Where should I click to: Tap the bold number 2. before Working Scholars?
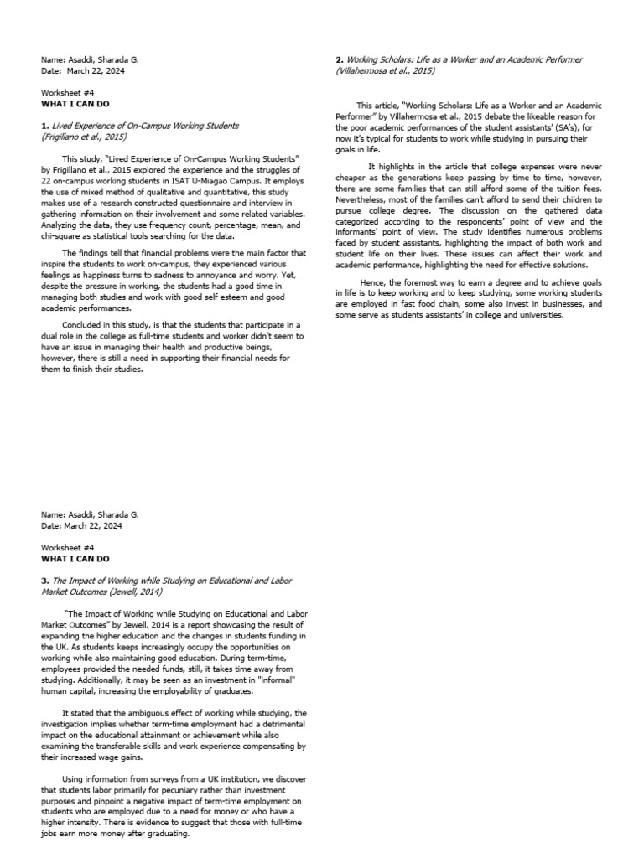(338, 60)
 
